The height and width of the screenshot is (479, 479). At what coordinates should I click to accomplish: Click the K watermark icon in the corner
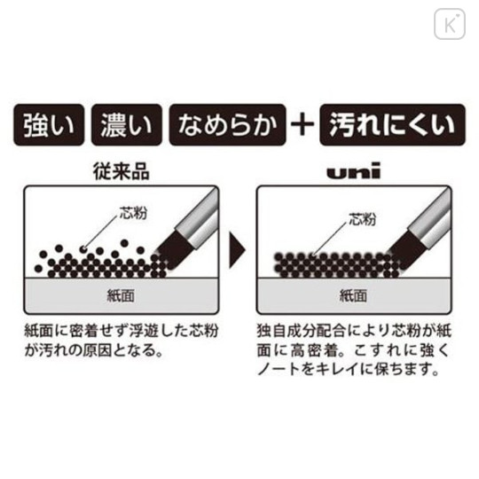(x=449, y=23)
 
